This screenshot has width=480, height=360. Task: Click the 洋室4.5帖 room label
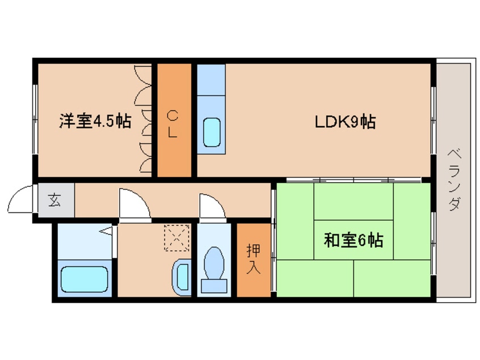95,121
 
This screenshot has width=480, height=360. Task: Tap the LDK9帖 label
345,121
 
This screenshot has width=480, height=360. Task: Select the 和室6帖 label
353,240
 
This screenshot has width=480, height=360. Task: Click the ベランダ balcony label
453,179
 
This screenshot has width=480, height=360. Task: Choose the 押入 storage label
253,259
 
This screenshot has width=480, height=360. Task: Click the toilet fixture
214,265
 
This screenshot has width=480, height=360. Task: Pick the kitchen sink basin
212,132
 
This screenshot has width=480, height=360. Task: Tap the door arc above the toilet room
212,205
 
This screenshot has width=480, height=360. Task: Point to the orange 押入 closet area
253,278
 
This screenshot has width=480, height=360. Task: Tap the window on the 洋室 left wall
35,119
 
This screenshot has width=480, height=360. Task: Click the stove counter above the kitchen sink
211,79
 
